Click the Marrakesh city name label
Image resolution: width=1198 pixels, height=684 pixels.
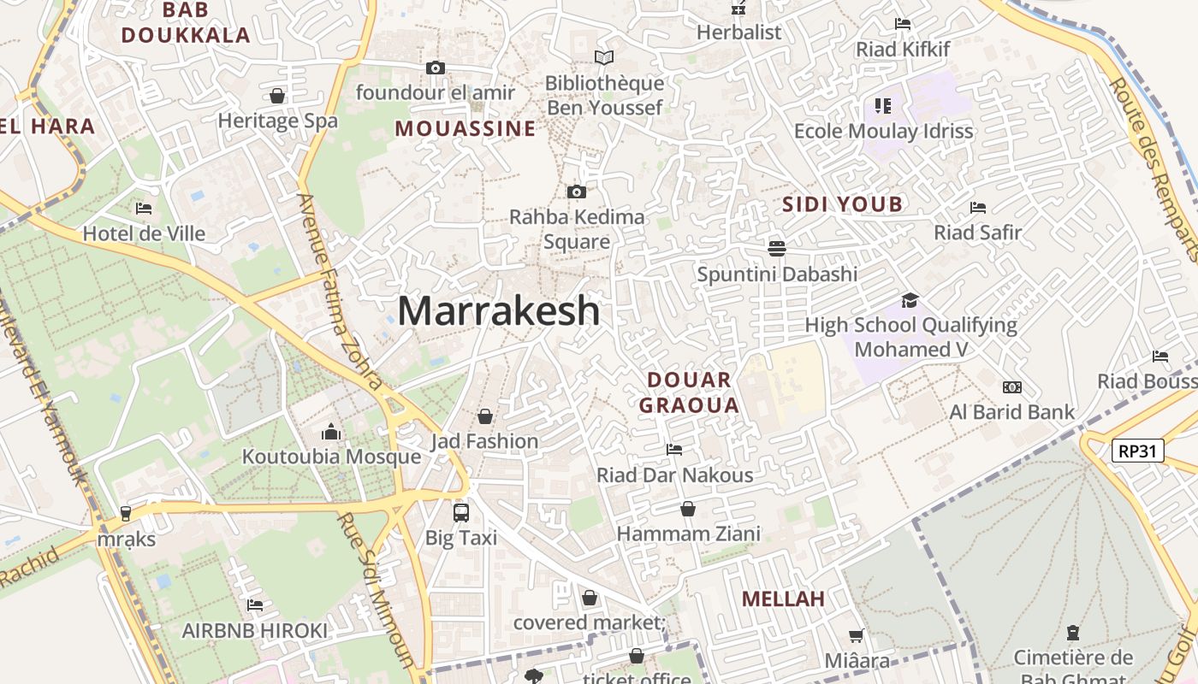click(x=499, y=310)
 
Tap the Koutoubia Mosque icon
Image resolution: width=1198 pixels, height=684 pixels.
click(x=331, y=433)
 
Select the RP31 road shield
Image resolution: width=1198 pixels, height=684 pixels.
click(x=1138, y=451)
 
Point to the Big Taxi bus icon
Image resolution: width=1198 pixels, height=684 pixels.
click(x=461, y=513)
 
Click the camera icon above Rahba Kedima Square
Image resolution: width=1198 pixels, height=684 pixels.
click(x=577, y=192)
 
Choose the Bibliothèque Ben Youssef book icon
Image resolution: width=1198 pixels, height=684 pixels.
click(x=604, y=58)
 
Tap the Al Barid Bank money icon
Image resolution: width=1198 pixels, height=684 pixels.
click(x=1012, y=387)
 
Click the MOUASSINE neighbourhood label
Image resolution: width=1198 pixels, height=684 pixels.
click(x=466, y=129)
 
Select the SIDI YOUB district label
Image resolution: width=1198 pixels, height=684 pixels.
click(x=843, y=203)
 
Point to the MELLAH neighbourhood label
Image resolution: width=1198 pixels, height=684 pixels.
click(x=784, y=598)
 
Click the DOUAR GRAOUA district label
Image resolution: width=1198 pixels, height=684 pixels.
click(x=690, y=392)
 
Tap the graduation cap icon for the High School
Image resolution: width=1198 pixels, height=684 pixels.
click(x=910, y=300)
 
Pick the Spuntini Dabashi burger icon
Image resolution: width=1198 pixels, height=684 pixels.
click(x=777, y=248)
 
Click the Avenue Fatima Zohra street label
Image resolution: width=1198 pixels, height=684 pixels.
click(x=340, y=291)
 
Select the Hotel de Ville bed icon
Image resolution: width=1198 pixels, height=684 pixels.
click(x=144, y=209)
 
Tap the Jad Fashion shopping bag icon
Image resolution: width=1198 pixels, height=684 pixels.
click(x=485, y=416)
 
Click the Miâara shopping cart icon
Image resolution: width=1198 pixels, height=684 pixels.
click(x=856, y=635)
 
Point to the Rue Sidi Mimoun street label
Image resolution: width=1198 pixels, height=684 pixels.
click(x=377, y=590)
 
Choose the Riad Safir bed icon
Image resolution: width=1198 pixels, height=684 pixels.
click(x=978, y=207)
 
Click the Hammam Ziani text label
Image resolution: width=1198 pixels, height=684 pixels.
click(x=689, y=534)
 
